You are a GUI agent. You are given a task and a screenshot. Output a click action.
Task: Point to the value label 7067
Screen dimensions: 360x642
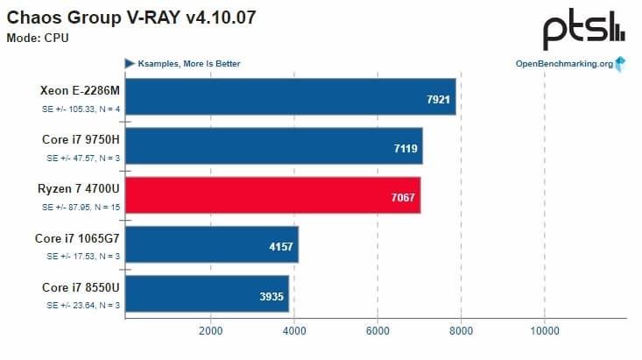tap(403, 199)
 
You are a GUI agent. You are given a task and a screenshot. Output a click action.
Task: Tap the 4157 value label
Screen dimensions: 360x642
tap(280, 248)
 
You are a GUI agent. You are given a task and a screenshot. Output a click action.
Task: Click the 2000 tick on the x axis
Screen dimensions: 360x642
tap(210, 331)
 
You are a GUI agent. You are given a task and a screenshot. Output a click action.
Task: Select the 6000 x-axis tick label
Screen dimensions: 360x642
tap(377, 331)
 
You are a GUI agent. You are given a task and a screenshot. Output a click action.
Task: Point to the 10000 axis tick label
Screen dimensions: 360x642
tap(545, 331)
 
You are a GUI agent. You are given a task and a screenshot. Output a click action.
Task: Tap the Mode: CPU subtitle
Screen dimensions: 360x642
tap(38, 38)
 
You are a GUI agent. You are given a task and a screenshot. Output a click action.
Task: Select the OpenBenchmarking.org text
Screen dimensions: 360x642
tap(563, 63)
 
